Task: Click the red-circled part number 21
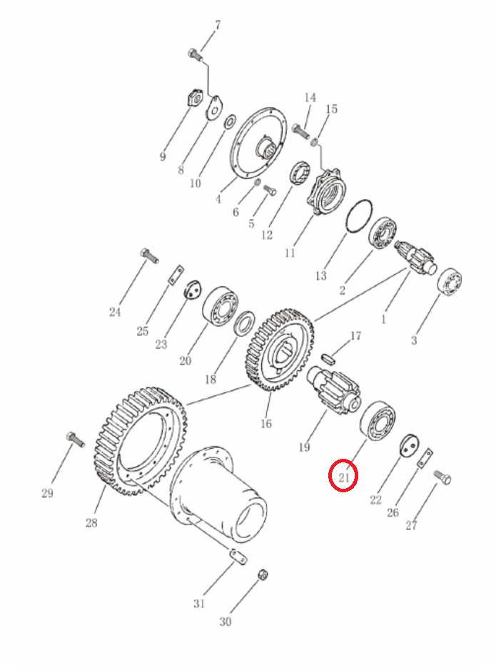pos(344,477)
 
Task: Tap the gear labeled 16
pos(280,350)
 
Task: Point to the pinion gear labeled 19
pos(335,388)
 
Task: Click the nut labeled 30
pos(263,574)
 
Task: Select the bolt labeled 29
pos(76,439)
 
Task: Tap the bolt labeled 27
pos(442,477)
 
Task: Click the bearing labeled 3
pos(450,282)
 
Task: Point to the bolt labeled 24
pos(149,255)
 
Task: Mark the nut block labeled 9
pos(196,99)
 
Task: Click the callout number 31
pos(198,604)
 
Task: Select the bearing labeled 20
pos(220,306)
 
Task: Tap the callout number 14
pos(310,98)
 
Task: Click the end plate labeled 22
pos(409,446)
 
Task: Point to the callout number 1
pos(383,319)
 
